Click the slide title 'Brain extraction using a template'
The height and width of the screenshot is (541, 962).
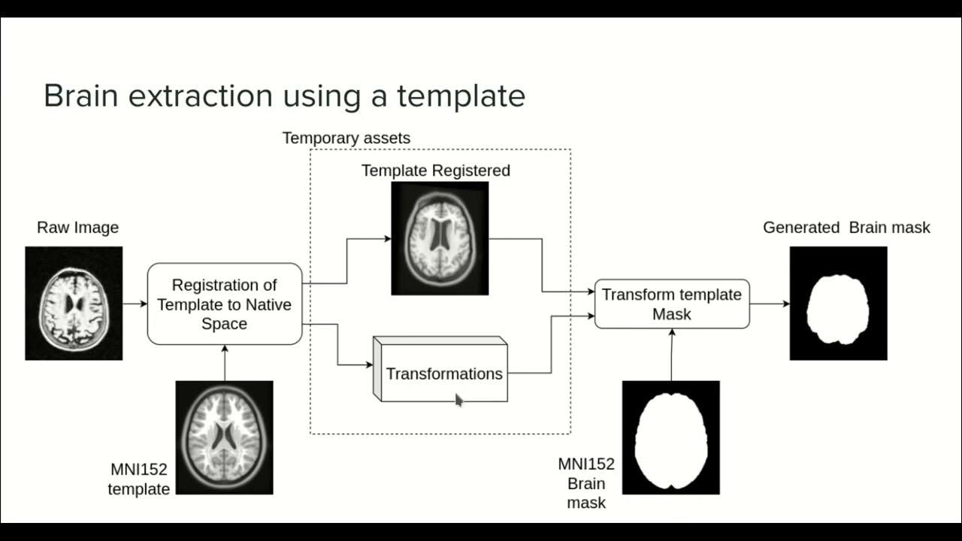[x=284, y=96]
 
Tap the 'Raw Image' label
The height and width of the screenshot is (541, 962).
[x=77, y=228]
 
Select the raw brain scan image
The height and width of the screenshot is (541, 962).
[x=74, y=304]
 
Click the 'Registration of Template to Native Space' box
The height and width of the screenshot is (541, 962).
[x=225, y=304]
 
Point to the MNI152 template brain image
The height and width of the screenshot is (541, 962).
[x=224, y=437]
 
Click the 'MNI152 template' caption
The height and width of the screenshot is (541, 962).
[x=139, y=479]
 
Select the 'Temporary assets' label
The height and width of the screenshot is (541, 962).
[x=346, y=138]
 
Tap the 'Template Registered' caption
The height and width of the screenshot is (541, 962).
[x=435, y=171]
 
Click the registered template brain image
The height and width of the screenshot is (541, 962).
[x=440, y=238]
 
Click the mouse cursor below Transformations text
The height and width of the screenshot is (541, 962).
[x=459, y=400]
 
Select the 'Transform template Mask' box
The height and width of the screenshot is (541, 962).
[x=672, y=304]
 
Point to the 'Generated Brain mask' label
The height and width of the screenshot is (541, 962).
[x=846, y=228]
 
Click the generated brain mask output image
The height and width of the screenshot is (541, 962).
[x=838, y=304]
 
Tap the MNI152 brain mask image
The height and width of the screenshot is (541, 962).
[x=671, y=437]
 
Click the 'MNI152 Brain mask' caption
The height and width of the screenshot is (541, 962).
[x=586, y=483]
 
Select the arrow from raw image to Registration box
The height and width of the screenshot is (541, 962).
[x=135, y=304]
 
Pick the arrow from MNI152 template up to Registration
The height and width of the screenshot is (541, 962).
[x=225, y=362]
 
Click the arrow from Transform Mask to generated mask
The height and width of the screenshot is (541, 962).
[x=770, y=304]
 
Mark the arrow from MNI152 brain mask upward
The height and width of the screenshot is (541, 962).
[x=672, y=354]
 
